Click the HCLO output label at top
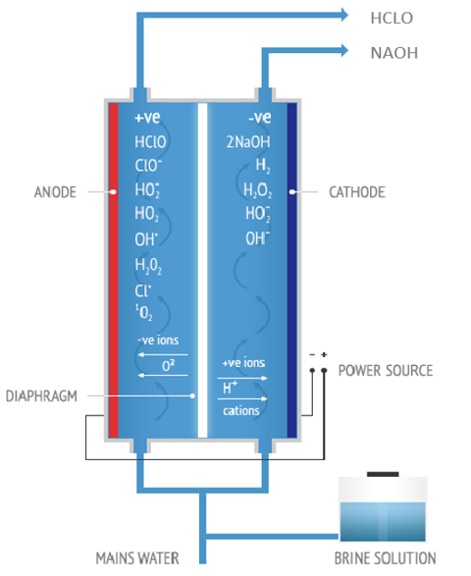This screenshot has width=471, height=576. [392, 18]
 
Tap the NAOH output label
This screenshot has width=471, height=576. [394, 53]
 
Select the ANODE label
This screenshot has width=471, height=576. [55, 192]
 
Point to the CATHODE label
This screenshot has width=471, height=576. [357, 192]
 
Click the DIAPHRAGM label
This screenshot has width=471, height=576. [41, 396]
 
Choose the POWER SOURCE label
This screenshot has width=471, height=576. [386, 371]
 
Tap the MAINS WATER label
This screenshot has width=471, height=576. [137, 558]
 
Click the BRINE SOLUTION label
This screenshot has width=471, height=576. [385, 558]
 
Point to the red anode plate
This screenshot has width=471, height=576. [113, 271]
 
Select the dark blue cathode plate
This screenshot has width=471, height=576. [291, 271]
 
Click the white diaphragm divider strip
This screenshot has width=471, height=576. [202, 271]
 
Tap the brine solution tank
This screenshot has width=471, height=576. [383, 509]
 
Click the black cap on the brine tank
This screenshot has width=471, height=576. [383, 474]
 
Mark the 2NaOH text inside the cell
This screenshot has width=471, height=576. [248, 142]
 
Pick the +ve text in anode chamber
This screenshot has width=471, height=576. [148, 118]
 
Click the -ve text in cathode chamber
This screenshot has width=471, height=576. [260, 118]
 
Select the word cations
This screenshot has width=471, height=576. [241, 411]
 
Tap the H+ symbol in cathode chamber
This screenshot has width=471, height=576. [230, 388]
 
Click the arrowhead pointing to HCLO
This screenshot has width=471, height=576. [344, 15]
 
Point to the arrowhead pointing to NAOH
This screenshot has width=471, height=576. [344, 50]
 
